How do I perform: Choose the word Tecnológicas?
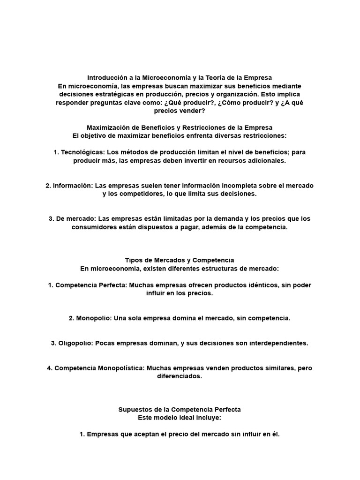pyautogui.click(x=82, y=152)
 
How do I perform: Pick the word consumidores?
pyautogui.click(x=94, y=227)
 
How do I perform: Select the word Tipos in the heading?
pyautogui.click(x=134, y=260)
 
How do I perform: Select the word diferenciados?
pyautogui.click(x=180, y=376)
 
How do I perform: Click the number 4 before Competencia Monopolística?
pyautogui.click(x=49, y=368)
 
